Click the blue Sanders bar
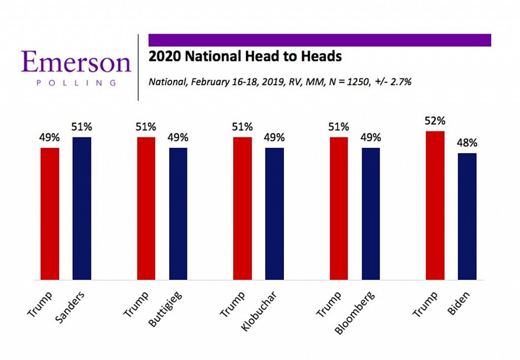(82, 208)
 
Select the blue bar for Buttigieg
(178, 213)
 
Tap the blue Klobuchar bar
(275, 213)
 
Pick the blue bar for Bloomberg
(371, 213)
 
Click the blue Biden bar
(467, 216)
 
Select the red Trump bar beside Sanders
(50, 213)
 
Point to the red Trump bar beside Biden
(435, 205)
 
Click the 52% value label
(435, 121)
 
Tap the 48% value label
(467, 143)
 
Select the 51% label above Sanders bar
(82, 127)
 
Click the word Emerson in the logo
(76, 62)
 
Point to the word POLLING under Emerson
(76, 82)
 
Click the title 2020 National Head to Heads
(245, 56)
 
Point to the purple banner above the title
(319, 40)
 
